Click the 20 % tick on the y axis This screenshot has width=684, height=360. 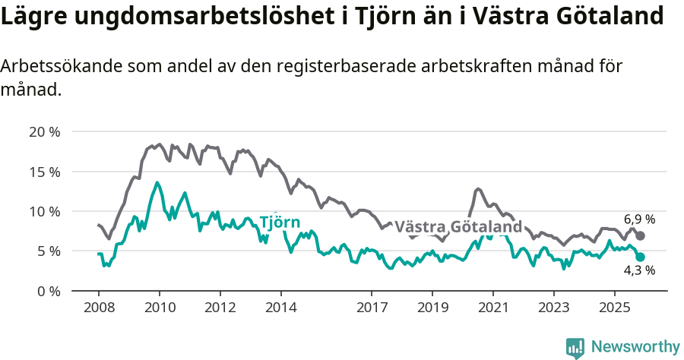[x=44, y=131]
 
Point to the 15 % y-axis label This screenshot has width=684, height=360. [x=44, y=171]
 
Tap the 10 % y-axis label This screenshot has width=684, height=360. [x=44, y=211]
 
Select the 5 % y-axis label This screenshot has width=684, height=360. [x=47, y=251]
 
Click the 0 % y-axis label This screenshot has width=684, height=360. [x=47, y=291]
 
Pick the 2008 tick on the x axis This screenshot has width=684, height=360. [x=99, y=308]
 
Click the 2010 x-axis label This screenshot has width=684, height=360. [x=160, y=308]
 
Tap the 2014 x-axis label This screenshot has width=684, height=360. [x=280, y=308]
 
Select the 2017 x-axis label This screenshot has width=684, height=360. [x=372, y=308]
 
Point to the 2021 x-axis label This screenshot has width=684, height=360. [x=492, y=308]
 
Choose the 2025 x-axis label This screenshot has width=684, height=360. [x=614, y=308]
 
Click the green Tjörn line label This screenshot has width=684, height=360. [x=280, y=223]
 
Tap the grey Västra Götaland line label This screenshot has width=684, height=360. [x=458, y=227]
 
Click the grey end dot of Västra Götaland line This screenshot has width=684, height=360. [x=640, y=236]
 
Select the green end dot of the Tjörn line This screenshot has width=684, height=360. [x=640, y=257]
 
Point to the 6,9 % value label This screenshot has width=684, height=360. [x=639, y=219]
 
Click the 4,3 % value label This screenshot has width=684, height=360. [x=639, y=270]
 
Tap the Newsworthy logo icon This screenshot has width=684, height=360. [x=575, y=347]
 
